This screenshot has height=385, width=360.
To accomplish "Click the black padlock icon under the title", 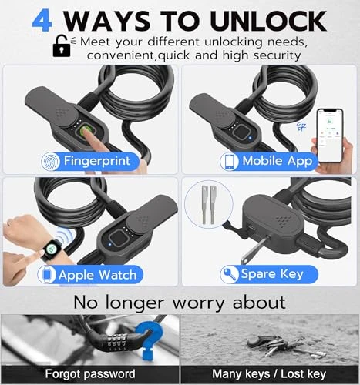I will pos(61,47).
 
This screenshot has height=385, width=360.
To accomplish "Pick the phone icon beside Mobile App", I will pos(230,160).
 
